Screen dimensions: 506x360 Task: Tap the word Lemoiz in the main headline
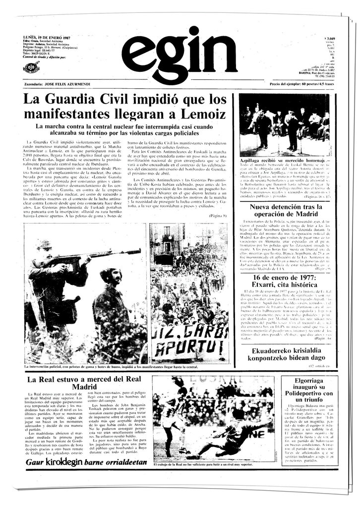click(x=200, y=115)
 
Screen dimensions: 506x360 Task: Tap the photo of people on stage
click(x=285, y=124)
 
